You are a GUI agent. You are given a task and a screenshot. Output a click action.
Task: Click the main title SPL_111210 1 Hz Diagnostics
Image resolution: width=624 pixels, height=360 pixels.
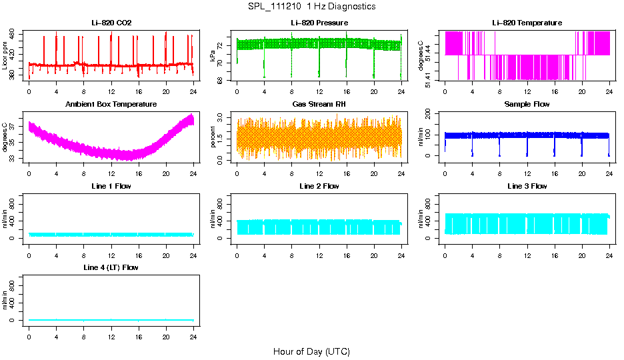click(x=311, y=7)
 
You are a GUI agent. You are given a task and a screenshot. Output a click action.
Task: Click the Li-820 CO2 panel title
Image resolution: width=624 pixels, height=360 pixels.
click(x=111, y=23)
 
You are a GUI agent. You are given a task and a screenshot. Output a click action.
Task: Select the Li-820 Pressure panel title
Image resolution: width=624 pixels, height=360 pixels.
click(x=319, y=23)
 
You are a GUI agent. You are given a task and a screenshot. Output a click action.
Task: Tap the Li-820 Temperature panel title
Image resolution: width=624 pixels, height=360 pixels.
click(x=527, y=23)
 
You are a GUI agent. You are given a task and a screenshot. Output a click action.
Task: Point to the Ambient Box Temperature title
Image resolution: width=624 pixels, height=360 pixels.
click(x=111, y=105)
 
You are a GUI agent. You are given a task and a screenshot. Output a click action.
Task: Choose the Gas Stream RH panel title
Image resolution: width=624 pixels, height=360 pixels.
click(x=319, y=105)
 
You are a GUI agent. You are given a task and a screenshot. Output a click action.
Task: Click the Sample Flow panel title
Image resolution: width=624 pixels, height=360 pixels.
click(x=527, y=105)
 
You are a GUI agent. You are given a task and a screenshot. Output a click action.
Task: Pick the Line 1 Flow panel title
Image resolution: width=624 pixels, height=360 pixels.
click(x=111, y=186)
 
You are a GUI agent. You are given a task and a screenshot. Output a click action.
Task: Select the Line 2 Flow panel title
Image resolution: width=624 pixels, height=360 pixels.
click(x=319, y=186)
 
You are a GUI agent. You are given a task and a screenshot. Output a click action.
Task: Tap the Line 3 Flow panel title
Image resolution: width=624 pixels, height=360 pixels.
click(x=527, y=186)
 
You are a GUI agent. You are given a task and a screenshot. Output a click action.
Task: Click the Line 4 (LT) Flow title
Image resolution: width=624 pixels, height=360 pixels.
click(x=111, y=267)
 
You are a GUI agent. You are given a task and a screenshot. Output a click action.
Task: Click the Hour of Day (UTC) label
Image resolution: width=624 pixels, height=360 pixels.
click(x=311, y=351)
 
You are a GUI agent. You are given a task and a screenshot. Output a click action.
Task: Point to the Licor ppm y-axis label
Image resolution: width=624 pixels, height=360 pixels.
click(x=5, y=56)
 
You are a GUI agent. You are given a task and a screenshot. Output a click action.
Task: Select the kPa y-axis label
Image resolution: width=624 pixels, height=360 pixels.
click(x=213, y=56)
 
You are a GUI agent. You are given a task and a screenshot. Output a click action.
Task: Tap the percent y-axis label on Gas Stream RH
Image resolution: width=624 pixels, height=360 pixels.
click(x=213, y=137)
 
